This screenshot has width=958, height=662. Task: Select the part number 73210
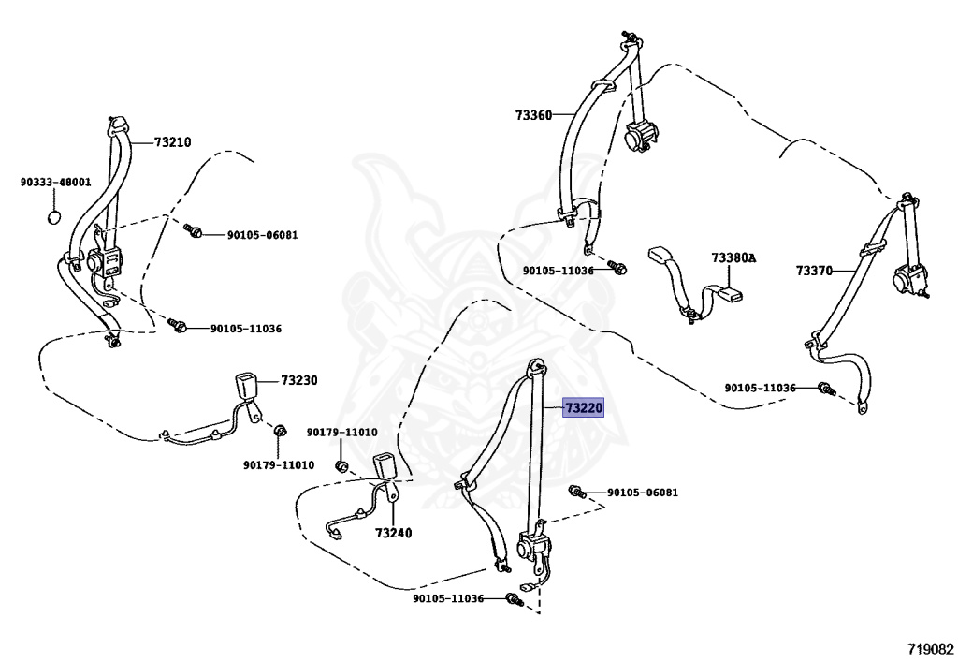(172, 142)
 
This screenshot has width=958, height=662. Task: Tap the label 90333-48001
(55, 182)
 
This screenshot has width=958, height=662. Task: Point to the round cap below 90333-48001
(55, 217)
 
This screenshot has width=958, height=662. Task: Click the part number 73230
(299, 380)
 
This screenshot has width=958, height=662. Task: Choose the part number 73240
(394, 533)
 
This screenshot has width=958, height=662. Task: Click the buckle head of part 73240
(386, 467)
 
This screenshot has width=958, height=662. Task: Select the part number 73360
(533, 115)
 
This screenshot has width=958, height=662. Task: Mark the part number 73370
(815, 270)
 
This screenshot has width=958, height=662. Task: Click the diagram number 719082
(929, 648)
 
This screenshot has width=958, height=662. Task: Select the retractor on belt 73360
(639, 136)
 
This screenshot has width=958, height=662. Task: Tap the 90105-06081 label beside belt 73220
(642, 492)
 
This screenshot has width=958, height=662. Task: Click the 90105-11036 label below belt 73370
(760, 388)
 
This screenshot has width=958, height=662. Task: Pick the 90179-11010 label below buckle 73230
(279, 464)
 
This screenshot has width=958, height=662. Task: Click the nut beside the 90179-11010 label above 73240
(341, 465)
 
